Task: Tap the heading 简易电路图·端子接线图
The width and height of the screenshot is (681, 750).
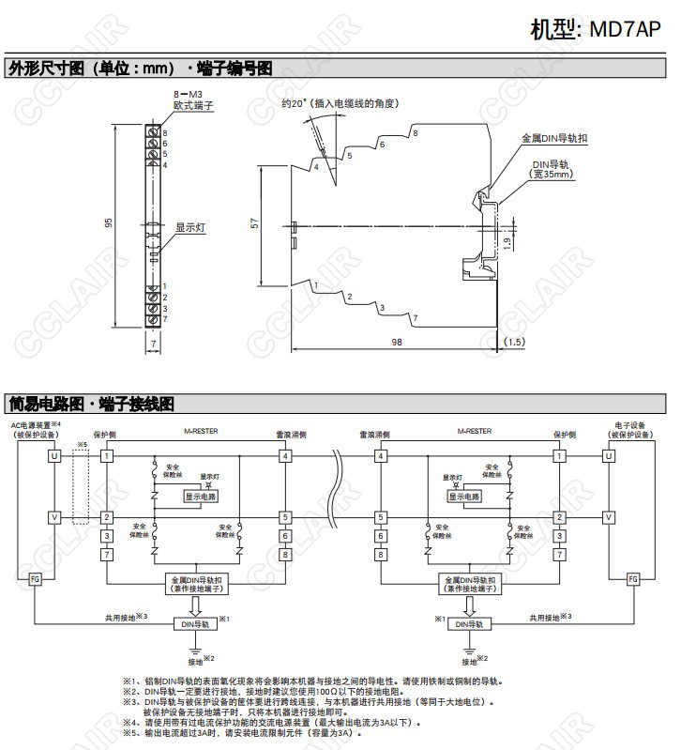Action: (x=90, y=404)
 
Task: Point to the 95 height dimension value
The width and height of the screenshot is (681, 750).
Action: (x=109, y=223)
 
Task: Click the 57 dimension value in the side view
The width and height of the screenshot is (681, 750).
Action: (x=254, y=223)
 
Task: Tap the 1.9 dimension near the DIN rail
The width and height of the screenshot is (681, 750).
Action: (x=507, y=242)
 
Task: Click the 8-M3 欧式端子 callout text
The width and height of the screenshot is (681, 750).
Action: (x=193, y=100)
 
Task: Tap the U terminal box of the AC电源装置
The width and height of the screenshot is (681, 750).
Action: (x=53, y=455)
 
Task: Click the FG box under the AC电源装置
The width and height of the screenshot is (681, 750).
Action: (x=36, y=579)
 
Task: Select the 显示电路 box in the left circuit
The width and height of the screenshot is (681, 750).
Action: (x=201, y=497)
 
